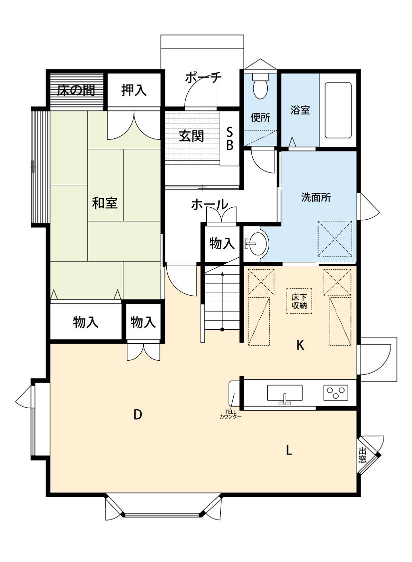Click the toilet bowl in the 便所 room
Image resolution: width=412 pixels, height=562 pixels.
[260, 86]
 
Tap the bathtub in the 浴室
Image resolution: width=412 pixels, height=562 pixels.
[338, 110]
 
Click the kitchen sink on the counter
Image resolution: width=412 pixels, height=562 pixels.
[285, 394]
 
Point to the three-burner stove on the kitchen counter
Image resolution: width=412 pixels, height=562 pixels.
[336, 393]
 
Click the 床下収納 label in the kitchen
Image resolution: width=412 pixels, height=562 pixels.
[299, 301]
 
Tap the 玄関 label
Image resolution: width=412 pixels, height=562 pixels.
[191, 136]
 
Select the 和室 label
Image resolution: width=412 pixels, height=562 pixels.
[104, 203]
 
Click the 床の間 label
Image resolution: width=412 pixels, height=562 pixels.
[76, 90]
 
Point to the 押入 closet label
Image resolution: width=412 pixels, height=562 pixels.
[134, 90]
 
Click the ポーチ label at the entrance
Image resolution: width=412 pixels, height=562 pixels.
[203, 77]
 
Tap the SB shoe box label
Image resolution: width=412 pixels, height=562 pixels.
[230, 139]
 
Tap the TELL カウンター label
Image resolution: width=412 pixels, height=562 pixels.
[230, 414]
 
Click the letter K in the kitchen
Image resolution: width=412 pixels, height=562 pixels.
[300, 345]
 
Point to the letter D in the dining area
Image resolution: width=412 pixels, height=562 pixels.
[137, 414]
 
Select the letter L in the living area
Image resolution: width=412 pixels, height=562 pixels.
[289, 450]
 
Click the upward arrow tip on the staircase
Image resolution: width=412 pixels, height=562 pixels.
[222, 273]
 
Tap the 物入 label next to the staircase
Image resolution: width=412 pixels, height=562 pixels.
[222, 244]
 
